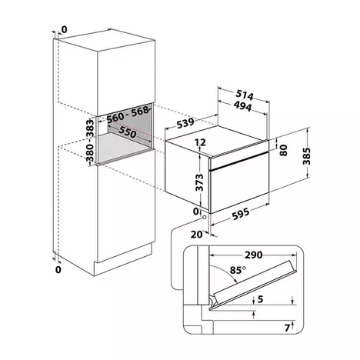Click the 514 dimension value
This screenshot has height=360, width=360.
pos(245,95)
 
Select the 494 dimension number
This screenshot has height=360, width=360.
pos(242,106)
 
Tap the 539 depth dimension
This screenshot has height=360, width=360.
pos(185,123)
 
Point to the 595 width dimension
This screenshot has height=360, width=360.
pos(240,214)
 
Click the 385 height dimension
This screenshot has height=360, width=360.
pos(306,156)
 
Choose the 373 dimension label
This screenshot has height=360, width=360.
pos(199,182)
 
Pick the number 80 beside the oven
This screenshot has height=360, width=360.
pos(283,150)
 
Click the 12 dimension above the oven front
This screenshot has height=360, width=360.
pos(200,142)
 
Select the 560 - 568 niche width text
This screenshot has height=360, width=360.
pos(128,115)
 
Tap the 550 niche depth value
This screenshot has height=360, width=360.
pos(127,132)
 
